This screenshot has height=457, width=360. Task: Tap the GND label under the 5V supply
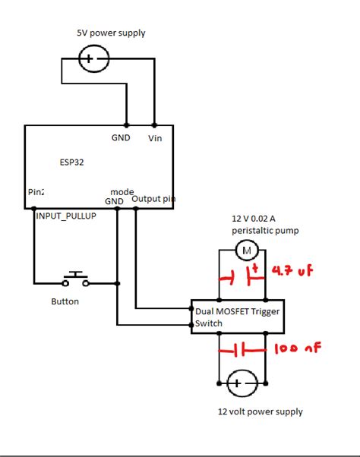121,138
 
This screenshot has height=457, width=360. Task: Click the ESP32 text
72,162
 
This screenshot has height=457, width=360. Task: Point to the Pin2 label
36,193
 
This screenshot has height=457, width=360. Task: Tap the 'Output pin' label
154,200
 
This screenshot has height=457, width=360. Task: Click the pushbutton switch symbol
75,279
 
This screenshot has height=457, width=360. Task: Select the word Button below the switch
65,301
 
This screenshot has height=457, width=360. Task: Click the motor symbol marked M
245,248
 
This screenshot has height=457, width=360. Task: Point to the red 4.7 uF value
292,272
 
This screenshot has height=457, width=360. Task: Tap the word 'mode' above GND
122,191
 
